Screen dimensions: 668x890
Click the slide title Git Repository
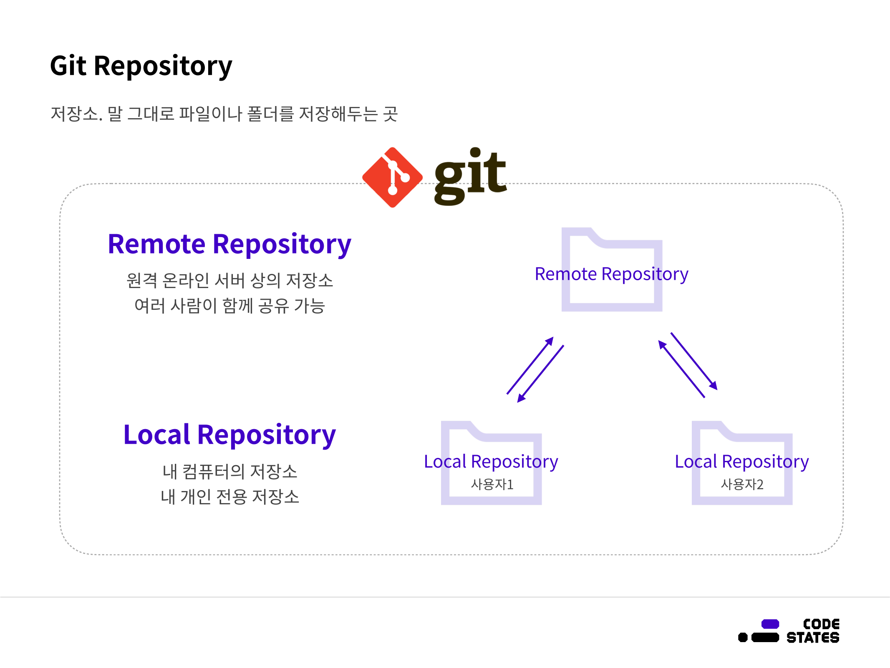coord(141,66)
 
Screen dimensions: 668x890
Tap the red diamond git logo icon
coord(392,177)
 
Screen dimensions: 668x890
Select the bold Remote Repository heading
coord(229,244)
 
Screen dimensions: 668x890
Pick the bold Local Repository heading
coord(229,435)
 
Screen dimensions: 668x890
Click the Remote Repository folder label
coord(611,274)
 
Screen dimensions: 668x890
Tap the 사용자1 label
coord(492,484)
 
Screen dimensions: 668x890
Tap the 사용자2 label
coord(742,484)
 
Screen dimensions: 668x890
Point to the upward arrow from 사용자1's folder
coord(530,365)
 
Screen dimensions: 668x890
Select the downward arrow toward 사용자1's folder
coord(541,374)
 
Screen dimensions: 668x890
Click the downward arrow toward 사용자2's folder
coord(694,361)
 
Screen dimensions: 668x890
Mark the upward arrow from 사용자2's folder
coord(681,369)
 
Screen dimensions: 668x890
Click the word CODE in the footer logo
coord(821,624)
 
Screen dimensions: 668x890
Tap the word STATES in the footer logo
coord(813,638)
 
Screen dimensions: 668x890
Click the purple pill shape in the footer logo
coord(770,624)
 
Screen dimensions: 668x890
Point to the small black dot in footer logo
coord(743,638)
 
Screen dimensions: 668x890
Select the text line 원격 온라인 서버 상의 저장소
coord(229,281)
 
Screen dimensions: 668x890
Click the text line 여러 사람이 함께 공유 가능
coord(229,306)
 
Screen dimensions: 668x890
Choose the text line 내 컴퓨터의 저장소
coord(229,472)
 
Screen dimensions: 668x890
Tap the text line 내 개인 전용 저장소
coord(229,497)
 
